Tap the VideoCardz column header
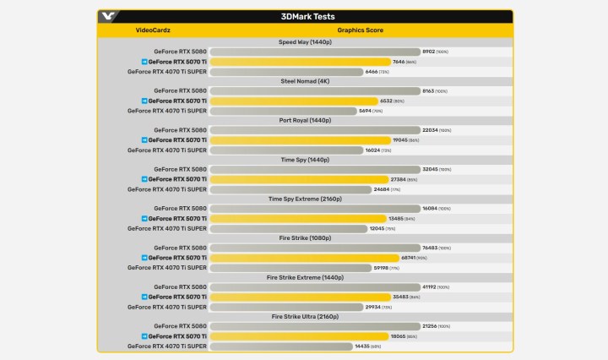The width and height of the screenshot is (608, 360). (x=153, y=30)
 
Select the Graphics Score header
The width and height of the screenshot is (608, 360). (x=361, y=30)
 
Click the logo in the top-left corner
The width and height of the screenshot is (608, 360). (x=109, y=15)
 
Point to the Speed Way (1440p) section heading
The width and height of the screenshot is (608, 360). (x=305, y=41)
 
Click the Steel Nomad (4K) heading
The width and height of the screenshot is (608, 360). (x=305, y=80)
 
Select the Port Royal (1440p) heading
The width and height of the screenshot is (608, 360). (x=305, y=120)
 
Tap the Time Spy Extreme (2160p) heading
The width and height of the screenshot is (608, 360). (x=305, y=199)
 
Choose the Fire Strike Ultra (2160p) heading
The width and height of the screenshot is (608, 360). (x=305, y=316)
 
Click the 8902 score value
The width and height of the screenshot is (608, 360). (x=429, y=52)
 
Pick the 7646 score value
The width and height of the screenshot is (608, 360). (x=399, y=62)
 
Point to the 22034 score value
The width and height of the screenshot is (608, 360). (x=430, y=130)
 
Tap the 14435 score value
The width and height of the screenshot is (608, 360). (x=363, y=346)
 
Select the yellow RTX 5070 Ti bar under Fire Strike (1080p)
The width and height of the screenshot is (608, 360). (x=292, y=258)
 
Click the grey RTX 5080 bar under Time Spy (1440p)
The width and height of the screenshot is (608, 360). (x=314, y=169)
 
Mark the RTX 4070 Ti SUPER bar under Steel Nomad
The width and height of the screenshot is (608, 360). (x=282, y=111)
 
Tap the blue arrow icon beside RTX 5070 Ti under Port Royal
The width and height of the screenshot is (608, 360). (x=144, y=140)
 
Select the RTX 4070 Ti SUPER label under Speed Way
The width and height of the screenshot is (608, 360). (x=167, y=72)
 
